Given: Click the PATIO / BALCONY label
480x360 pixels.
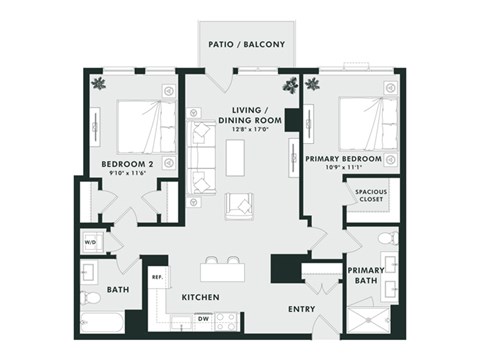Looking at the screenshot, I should point(247,45).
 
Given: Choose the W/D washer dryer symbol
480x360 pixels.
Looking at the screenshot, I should point(90,242).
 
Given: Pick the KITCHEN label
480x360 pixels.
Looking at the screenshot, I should point(201,298).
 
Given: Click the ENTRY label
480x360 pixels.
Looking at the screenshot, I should point(301,309).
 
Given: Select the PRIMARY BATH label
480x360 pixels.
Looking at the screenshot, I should point(366,276).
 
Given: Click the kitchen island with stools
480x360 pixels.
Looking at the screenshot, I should point(222,272).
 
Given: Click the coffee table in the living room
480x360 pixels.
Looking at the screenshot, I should point(235,156).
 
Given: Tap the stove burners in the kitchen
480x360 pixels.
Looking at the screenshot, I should point(226,321).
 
